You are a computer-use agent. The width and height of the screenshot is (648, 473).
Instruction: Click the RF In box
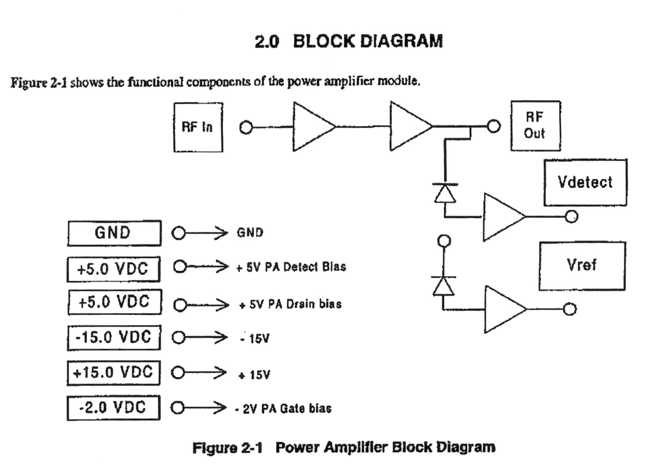pos(198,127)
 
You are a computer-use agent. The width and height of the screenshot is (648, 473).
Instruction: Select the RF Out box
pos(535,125)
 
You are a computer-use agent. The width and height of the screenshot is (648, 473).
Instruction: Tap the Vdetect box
pos(585,182)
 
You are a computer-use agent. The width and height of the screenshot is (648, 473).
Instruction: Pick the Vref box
pos(582,266)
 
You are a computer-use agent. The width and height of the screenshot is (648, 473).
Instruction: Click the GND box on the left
pos(114,233)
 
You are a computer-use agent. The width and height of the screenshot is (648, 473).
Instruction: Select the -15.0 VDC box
pos(114,338)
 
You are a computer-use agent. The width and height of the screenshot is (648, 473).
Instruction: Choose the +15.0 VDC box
pos(113,373)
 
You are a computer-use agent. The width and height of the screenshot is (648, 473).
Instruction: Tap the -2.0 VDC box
pos(113,408)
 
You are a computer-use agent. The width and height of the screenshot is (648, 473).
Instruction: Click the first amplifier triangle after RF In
pos(311,126)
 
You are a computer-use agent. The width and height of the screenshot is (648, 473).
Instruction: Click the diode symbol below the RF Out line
pos(445,193)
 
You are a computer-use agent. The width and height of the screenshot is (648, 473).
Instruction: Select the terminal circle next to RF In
pos(246,127)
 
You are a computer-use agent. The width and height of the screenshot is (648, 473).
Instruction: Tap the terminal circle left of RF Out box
pos(494,126)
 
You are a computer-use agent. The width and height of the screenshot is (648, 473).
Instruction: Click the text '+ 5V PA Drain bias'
pos(290,304)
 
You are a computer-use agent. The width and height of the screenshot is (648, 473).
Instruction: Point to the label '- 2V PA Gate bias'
pos(283,409)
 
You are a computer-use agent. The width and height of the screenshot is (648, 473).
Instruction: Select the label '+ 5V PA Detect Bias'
pos(291,267)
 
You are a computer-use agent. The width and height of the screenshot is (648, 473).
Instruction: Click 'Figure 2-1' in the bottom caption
pos(227,448)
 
